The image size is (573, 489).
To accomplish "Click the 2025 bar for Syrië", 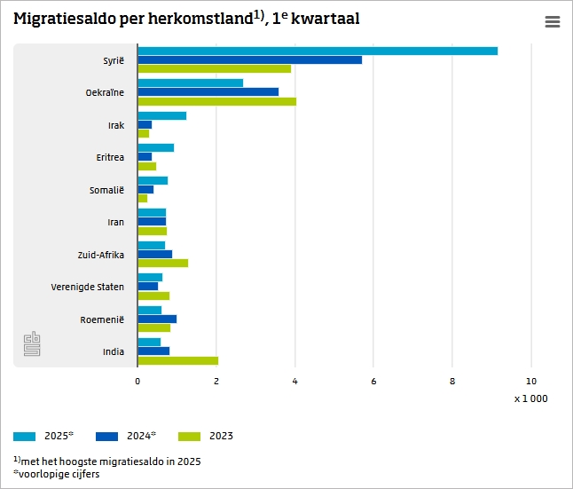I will click(318, 51).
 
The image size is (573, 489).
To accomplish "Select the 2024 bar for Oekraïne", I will click(208, 91).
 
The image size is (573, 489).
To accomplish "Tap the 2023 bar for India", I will click(177, 360).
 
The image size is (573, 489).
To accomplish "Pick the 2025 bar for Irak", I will click(162, 115).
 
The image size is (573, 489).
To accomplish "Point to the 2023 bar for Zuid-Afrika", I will click(163, 263).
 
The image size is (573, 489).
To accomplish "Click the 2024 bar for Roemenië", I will click(157, 319).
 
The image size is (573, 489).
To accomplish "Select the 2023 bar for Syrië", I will click(215, 68).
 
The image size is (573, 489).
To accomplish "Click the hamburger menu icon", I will click(553, 22).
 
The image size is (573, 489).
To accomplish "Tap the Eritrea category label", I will click(110, 157).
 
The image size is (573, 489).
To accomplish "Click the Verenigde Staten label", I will click(88, 287).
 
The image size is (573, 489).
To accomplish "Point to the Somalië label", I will click(106, 190).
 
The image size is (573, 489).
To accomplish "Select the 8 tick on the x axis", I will click(452, 381).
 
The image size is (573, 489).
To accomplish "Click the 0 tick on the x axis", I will click(137, 381).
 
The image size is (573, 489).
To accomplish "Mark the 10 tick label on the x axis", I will click(530, 381).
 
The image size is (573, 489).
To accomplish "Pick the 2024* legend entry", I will click(127, 436).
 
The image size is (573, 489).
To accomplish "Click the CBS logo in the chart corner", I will click(32, 344).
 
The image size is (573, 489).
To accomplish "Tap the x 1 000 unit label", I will click(530, 398).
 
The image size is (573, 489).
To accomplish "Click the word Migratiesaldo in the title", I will click(64, 19).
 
